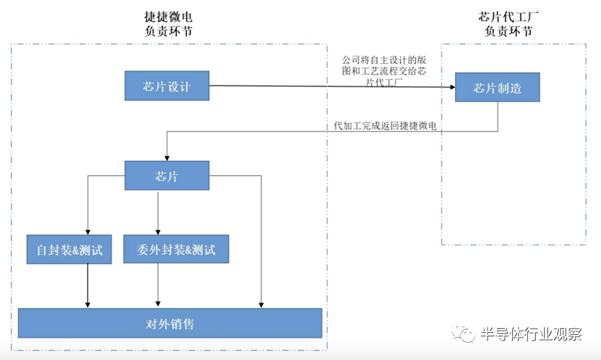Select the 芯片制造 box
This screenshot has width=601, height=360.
tap(497, 88)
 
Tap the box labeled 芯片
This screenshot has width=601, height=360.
tap(167, 176)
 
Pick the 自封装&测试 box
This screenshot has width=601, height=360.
tap(69, 249)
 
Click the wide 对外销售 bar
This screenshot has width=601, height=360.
tap(170, 323)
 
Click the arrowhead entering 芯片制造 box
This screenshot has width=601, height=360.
tap(451, 88)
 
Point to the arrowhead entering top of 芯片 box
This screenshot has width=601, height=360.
tap(167, 158)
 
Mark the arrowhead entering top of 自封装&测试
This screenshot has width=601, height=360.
tap(88, 232)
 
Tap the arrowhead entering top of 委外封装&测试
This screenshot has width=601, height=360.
tap(158, 232)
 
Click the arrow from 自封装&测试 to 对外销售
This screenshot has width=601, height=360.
tap(88, 285)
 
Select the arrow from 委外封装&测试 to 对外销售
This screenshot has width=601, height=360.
tap(158, 285)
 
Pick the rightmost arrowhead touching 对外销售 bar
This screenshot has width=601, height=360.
tap(261, 304)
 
